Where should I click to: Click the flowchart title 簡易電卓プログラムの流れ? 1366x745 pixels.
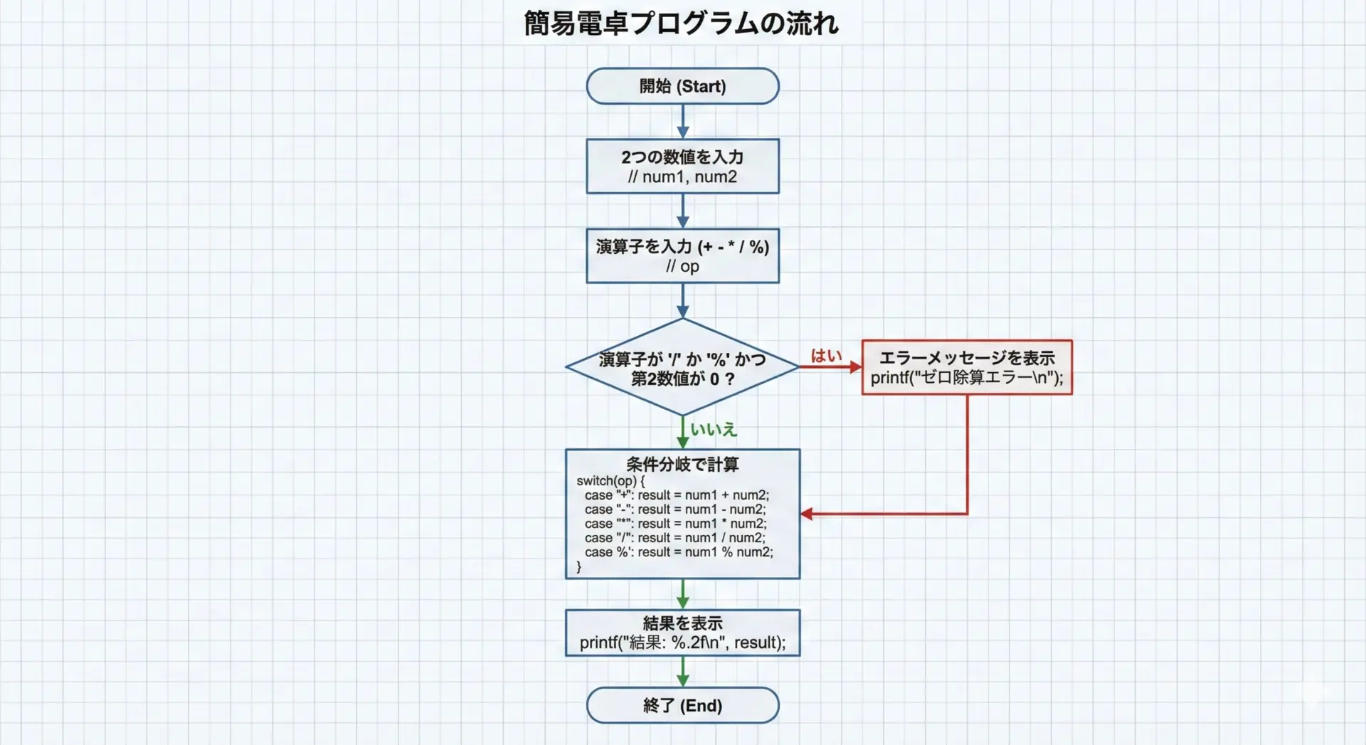[682, 23]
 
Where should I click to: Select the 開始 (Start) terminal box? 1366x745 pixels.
[682, 86]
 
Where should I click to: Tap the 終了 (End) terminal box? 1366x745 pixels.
[682, 705]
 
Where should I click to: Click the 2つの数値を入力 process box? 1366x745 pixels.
[682, 166]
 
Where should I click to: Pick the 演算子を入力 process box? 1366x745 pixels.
[682, 255]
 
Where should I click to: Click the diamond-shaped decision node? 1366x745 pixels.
[682, 367]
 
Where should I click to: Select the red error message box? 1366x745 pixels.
[967, 367]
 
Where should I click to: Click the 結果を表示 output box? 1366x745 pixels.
[682, 633]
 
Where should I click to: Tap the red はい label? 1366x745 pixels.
[826, 356]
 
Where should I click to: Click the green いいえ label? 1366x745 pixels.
[714, 430]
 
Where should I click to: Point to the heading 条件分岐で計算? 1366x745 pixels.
[682, 465]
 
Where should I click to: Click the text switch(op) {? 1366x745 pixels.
[610, 481]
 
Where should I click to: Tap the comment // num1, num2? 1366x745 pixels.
[682, 177]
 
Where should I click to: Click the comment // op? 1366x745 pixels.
[682, 267]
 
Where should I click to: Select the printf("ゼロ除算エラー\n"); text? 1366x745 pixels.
[967, 378]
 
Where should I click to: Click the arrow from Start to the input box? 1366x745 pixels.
[682, 121]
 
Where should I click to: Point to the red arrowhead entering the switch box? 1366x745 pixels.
[807, 514]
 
